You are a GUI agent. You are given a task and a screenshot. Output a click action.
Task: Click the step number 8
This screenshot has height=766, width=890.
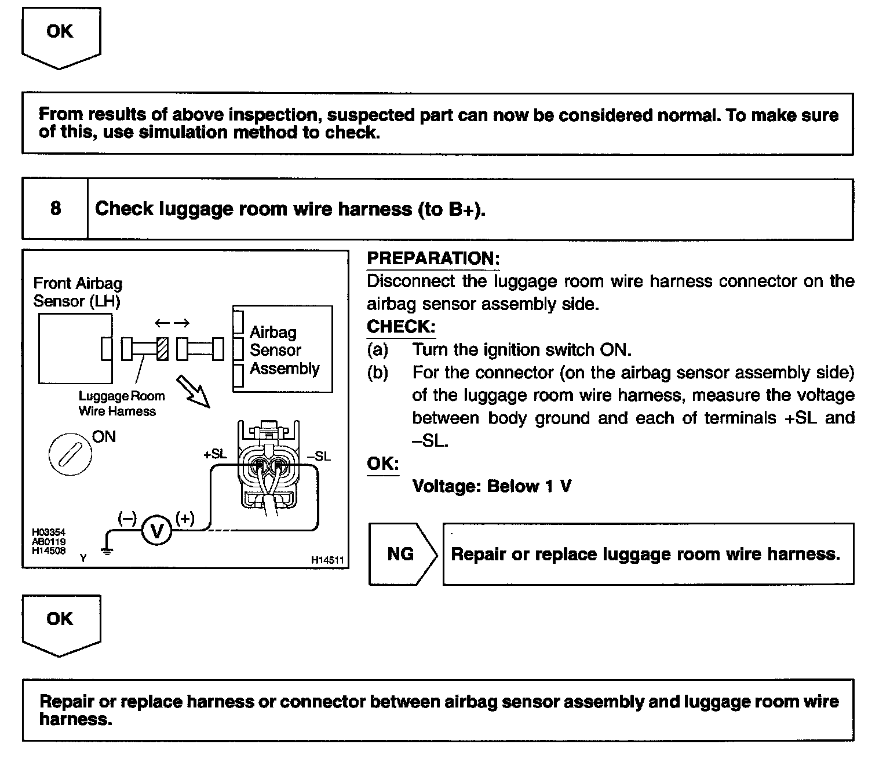(x=56, y=209)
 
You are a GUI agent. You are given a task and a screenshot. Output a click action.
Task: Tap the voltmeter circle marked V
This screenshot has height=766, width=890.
(x=156, y=530)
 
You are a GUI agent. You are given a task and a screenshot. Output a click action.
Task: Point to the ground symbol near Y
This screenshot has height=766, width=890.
(x=107, y=550)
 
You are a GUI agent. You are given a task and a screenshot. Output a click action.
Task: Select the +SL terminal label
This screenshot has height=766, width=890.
(x=215, y=455)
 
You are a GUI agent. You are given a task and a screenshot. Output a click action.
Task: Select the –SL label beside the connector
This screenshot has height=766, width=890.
(x=319, y=457)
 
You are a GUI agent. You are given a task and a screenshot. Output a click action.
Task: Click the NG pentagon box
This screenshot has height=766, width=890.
(x=401, y=554)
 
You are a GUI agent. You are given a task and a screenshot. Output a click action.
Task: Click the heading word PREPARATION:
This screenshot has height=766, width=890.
(x=433, y=259)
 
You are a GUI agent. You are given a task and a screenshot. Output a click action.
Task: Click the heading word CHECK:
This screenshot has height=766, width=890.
(x=400, y=327)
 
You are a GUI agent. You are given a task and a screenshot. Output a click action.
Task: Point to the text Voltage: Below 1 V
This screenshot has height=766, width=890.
(x=491, y=486)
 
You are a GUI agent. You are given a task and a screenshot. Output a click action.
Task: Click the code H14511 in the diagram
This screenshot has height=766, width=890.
(x=327, y=560)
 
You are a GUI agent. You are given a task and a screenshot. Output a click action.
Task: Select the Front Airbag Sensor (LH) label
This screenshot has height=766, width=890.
(x=78, y=292)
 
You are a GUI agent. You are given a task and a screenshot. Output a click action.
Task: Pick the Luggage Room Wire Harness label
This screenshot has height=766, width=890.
(x=122, y=404)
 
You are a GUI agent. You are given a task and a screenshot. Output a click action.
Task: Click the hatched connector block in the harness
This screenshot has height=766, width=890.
(x=163, y=349)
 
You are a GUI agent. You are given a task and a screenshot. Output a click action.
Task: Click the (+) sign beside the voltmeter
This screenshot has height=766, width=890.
(x=185, y=518)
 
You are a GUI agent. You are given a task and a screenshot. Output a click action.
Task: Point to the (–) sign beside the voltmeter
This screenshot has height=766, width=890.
(x=127, y=518)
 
